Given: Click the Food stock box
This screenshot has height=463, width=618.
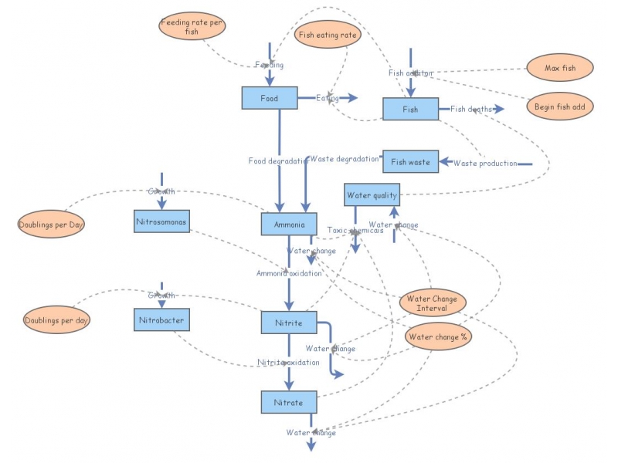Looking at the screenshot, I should click(269, 99).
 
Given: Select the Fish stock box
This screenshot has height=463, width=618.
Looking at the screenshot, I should click(410, 110).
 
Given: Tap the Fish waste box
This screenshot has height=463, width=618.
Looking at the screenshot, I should click(410, 162).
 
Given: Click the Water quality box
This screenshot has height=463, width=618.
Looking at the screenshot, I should click(372, 195).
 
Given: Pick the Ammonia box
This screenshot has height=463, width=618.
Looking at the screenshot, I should click(289, 225).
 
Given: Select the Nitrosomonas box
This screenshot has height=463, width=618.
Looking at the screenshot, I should click(161, 221).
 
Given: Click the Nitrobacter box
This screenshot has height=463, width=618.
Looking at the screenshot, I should click(161, 319).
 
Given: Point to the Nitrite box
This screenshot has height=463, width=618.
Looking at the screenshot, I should click(289, 323).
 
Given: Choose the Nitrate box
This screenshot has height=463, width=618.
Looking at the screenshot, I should click(289, 402).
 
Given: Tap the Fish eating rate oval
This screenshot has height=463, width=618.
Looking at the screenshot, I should click(328, 35).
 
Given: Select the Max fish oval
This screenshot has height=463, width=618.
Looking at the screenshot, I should click(560, 68).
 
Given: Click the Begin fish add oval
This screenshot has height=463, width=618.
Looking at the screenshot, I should click(560, 106).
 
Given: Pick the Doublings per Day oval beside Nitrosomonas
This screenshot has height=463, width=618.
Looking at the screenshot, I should click(51, 225).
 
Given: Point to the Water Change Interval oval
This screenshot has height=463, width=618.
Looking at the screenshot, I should click(432, 303).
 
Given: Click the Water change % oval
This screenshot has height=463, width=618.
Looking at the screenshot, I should click(439, 336).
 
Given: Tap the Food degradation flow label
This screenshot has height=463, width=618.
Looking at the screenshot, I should click(278, 161).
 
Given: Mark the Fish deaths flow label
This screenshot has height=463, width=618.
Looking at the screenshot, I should click(471, 109).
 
